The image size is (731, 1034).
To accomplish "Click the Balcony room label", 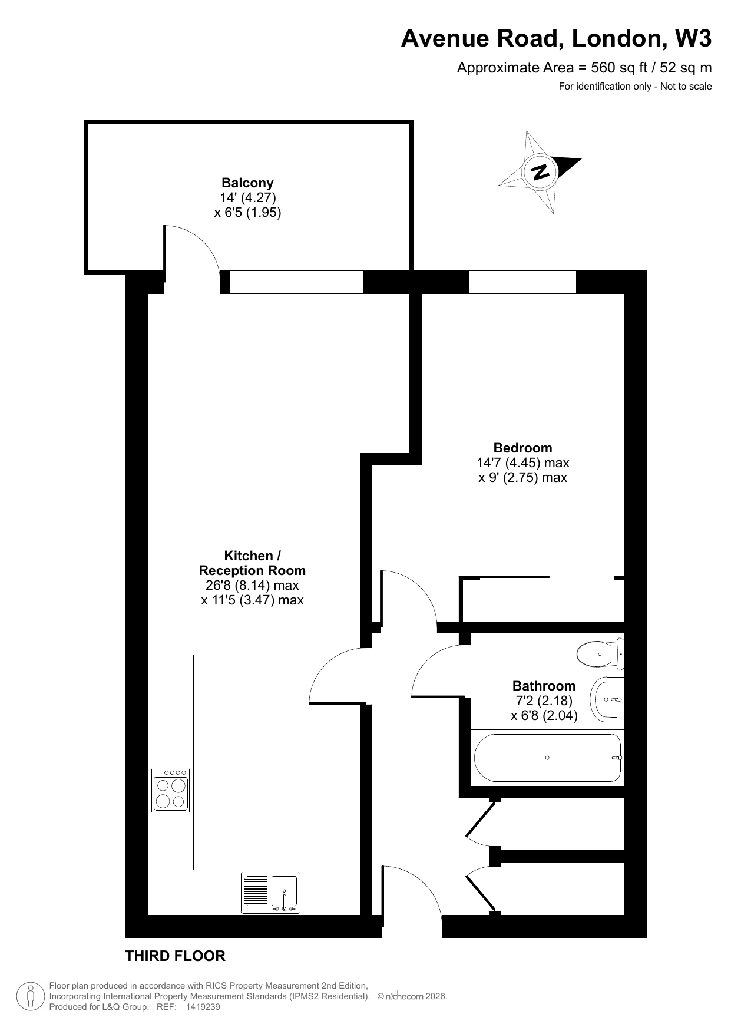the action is coord(247,183).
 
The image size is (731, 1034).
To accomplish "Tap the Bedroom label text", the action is coord(523,448).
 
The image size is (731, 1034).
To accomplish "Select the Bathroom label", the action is coord(544,686).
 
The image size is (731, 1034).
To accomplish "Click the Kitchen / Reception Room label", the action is coord(252,563).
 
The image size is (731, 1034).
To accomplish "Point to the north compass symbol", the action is coord(540,172).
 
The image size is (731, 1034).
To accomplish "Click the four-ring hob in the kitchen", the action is coord(171,791).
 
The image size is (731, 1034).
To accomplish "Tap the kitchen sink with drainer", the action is coord(270,893).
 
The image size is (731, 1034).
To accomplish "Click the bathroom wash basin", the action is coord(607,699).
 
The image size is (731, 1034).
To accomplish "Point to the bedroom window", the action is coord(522,282).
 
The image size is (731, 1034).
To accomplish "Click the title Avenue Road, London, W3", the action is coord(556,39).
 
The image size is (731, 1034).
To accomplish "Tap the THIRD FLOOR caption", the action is coord(176,956).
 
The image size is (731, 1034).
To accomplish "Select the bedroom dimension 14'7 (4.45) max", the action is coord(523,463).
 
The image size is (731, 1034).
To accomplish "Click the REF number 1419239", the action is coord(203,1007).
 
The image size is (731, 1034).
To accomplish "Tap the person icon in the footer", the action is coord(31,996).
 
